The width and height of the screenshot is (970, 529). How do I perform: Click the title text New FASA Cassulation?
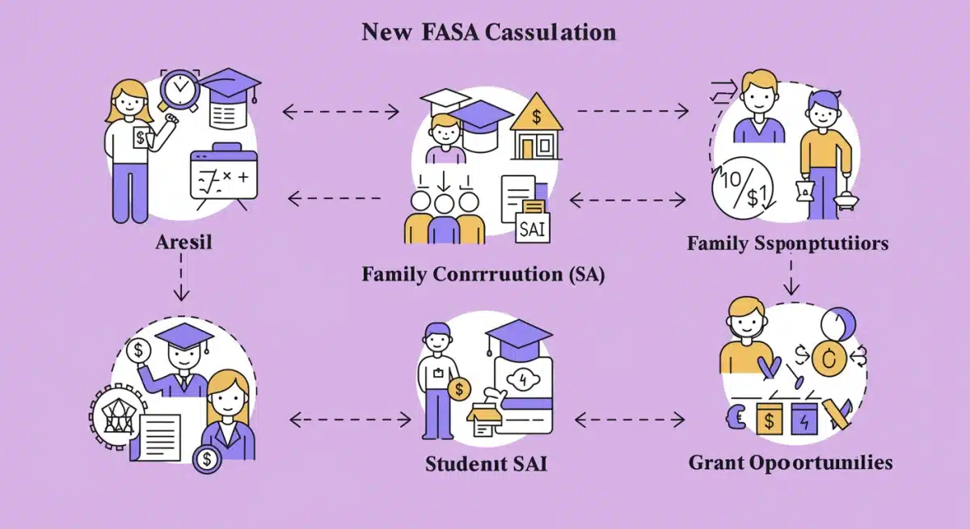pos(488,32)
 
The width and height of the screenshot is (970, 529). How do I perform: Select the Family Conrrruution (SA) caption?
pos(483,273)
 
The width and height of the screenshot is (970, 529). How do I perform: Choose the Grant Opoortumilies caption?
pos(791,463)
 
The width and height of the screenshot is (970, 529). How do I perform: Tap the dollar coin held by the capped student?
pos(458,388)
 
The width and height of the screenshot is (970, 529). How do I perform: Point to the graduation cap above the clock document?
pos(230,83)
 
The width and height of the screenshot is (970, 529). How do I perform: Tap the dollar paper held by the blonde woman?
pos(141,138)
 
